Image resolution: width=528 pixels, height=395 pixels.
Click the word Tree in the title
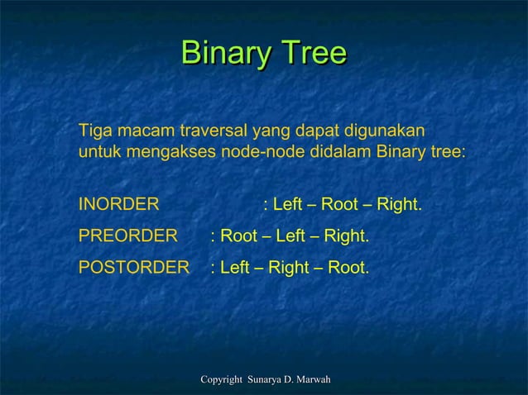(312, 55)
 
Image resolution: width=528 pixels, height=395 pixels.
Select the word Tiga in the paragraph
(94, 131)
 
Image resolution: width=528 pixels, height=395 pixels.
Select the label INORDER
(119, 204)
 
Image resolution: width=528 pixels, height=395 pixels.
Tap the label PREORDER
(127, 236)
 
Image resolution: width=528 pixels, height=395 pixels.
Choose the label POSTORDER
(133, 269)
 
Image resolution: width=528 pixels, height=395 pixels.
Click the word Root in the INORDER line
(339, 204)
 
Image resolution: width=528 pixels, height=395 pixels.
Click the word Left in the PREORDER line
(290, 236)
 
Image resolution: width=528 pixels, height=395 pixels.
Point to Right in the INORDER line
(396, 204)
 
